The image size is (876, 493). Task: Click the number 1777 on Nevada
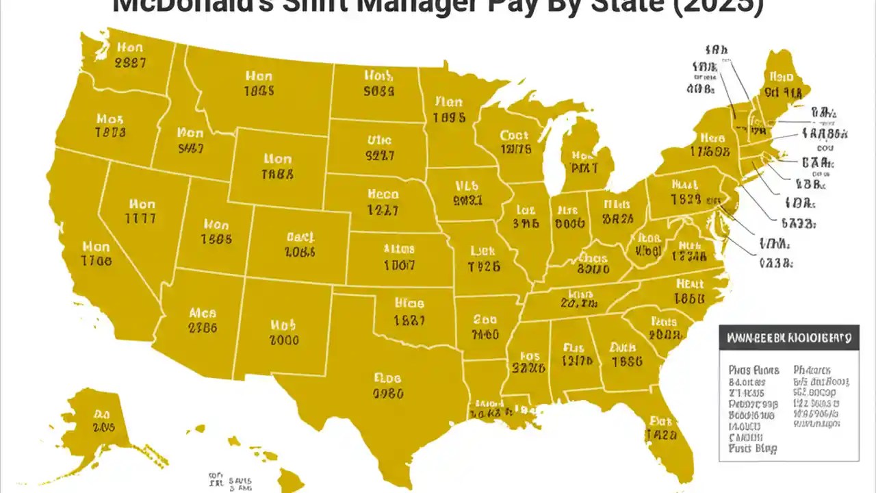[140, 219]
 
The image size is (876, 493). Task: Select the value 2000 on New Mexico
[284, 340]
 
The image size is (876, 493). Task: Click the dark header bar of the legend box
[788, 338]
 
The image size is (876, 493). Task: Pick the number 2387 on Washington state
[130, 63]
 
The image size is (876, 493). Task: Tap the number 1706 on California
[96, 261]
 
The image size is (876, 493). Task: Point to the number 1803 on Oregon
[110, 132]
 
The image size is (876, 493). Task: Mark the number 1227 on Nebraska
[383, 211]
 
